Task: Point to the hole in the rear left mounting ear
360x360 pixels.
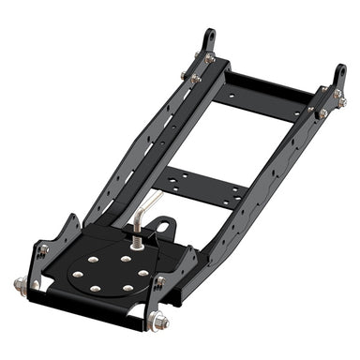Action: tap(207, 38)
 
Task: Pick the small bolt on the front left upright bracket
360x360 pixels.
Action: tap(43, 250)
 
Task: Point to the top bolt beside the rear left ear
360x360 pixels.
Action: tap(195, 58)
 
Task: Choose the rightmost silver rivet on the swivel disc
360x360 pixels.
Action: tap(142, 273)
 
